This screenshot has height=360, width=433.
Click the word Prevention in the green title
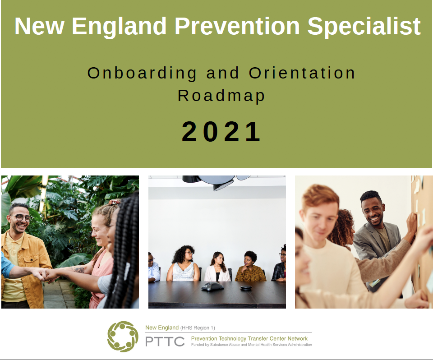tap(237, 26)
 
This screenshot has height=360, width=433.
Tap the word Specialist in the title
tap(364, 27)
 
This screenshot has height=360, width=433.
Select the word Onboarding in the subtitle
tap(142, 74)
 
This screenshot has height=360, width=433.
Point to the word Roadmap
tap(221, 96)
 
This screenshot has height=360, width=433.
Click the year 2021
tap(221, 132)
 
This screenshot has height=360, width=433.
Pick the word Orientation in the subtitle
tap(302, 73)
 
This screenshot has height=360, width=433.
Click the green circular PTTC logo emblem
tap(123, 336)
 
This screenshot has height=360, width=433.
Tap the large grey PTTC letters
tap(165, 342)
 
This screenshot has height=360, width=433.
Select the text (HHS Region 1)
tap(198, 328)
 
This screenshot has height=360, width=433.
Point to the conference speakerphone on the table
tap(212, 286)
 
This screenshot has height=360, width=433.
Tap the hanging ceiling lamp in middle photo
tap(216, 182)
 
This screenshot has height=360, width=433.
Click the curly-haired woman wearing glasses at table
tap(183, 264)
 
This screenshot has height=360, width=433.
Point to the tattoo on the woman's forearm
tap(78, 269)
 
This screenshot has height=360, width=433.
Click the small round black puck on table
tap(245, 288)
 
